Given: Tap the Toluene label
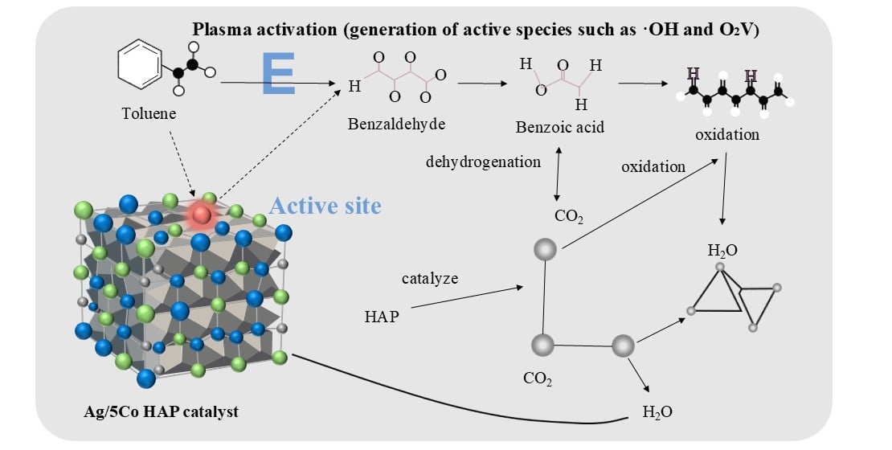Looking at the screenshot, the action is pos(150,114).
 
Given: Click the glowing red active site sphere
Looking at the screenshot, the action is pos(202,214).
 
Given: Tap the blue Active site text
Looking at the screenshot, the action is pos(325,207).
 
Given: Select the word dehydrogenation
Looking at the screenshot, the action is pos(483,162).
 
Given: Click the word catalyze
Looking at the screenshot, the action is pos(430,279).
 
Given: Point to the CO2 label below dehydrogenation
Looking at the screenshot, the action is pos(568,216).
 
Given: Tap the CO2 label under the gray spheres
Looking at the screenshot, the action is pos(537,378).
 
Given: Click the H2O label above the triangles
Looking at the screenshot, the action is pos(722,250).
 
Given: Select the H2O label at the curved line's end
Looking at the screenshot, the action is pos(657,413).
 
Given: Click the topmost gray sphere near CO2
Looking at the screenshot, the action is pos(545,249).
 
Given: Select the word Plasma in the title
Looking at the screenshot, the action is pos(218,29).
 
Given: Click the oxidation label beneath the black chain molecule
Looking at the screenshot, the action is pos(726,134).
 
